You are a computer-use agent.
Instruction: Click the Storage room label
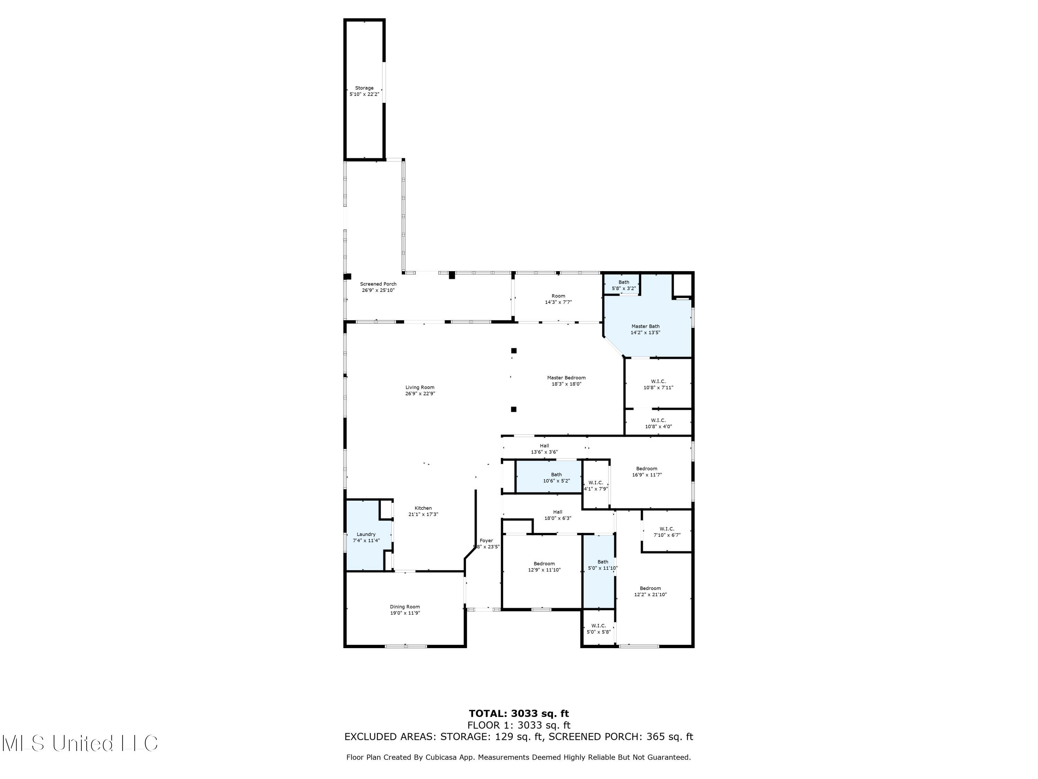[364, 88]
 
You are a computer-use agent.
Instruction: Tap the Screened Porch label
[378, 284]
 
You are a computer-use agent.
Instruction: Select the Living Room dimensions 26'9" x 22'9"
[420, 394]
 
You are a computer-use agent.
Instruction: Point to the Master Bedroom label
[566, 377]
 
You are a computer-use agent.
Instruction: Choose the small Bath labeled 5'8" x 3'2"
[623, 285]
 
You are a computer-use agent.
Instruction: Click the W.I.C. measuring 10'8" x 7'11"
[658, 384]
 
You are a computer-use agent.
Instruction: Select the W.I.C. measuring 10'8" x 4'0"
[658, 423]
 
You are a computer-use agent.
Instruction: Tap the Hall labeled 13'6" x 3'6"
[544, 448]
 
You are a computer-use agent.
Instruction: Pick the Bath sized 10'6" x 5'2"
[556, 477]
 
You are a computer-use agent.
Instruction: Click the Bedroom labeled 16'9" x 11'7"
[647, 472]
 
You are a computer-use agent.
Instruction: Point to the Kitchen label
[423, 508]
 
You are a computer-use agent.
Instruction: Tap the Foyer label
[486, 540]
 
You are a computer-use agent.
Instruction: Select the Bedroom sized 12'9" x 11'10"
[544, 567]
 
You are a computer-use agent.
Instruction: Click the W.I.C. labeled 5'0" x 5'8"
[598, 629]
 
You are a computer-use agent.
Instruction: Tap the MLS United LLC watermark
[80, 743]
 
